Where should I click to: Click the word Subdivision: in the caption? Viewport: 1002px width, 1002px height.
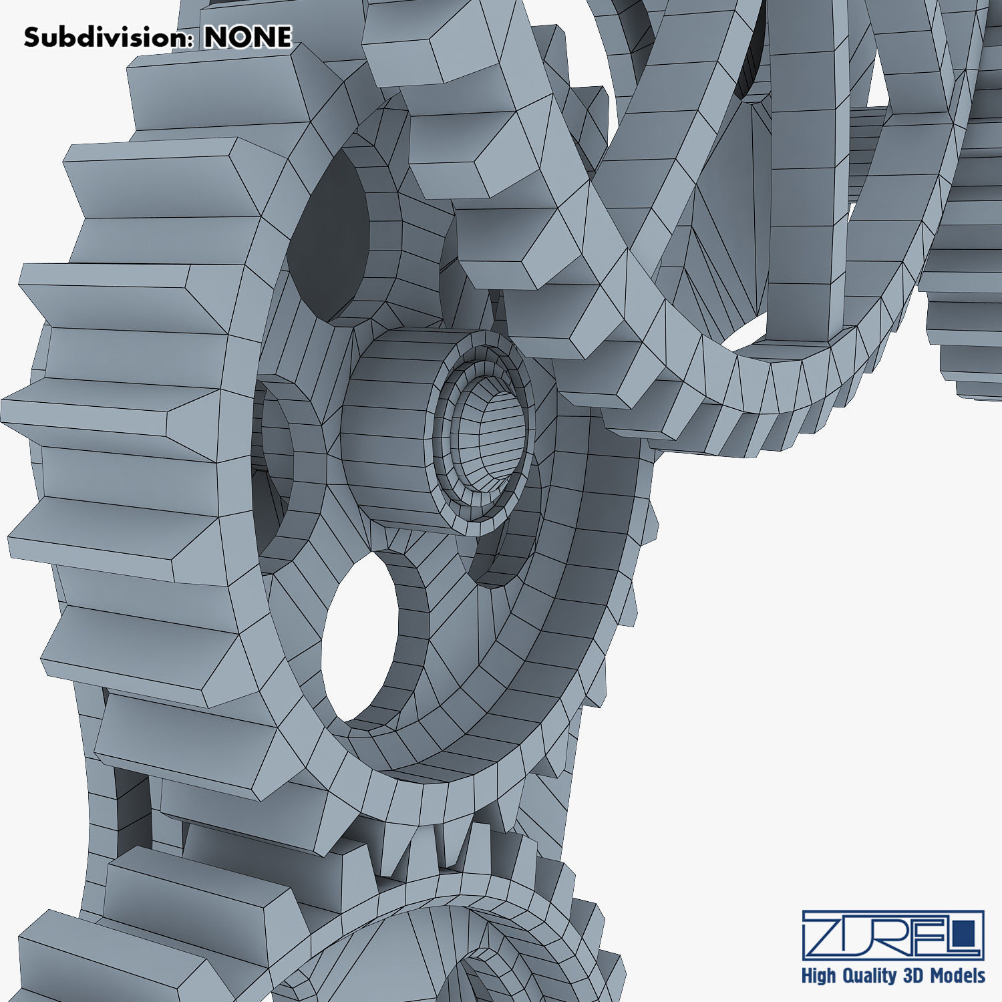tap(107, 37)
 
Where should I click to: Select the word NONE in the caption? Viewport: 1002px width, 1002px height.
tap(248, 37)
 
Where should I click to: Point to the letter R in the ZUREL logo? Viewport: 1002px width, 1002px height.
tap(892, 934)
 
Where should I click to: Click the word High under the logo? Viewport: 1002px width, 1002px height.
tap(818, 976)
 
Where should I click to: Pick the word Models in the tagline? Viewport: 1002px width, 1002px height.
tap(957, 976)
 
